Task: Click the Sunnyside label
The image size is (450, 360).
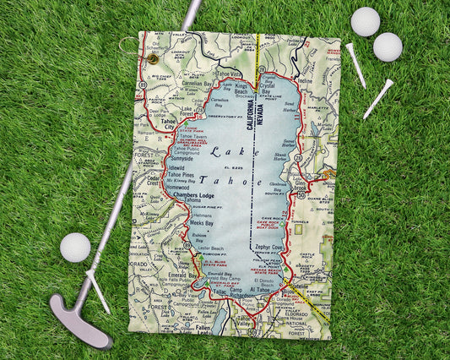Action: point(182,158)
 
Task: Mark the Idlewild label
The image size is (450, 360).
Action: point(182,167)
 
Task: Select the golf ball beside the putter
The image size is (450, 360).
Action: point(75,247)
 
